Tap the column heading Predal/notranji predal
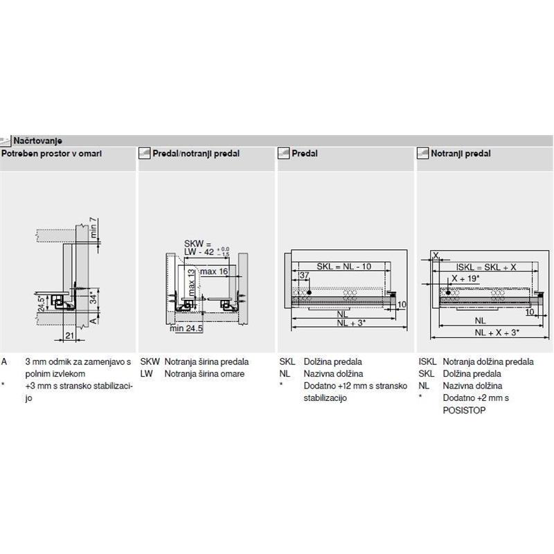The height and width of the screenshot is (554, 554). (197, 153)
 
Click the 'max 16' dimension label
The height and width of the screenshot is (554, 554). (215, 271)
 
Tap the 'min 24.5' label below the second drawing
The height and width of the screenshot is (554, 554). (186, 328)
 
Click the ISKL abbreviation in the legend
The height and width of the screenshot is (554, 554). (427, 362)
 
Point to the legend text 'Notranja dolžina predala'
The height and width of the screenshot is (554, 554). (488, 362)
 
